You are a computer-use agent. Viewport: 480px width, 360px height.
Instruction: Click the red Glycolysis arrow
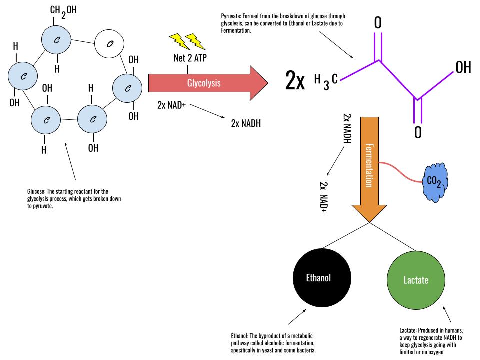click(x=205, y=83)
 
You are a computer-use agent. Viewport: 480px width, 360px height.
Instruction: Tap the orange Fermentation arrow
click(x=368, y=165)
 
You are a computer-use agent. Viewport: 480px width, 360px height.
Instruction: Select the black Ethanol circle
click(x=318, y=278)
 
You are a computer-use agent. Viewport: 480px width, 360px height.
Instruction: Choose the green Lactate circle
click(x=416, y=280)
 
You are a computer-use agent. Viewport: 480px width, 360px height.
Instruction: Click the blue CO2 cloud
click(x=433, y=181)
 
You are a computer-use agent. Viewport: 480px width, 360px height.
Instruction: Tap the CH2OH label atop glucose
click(x=64, y=11)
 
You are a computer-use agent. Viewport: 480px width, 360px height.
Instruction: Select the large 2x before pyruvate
click(x=295, y=81)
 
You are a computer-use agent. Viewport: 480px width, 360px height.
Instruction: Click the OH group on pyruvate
click(x=463, y=67)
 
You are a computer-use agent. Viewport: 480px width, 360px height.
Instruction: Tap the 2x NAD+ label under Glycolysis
click(x=171, y=105)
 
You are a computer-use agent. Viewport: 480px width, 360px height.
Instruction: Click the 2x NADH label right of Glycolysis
click(x=246, y=123)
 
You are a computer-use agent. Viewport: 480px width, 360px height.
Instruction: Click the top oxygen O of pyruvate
click(x=378, y=22)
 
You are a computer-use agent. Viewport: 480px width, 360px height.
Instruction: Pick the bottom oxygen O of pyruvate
click(x=418, y=132)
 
